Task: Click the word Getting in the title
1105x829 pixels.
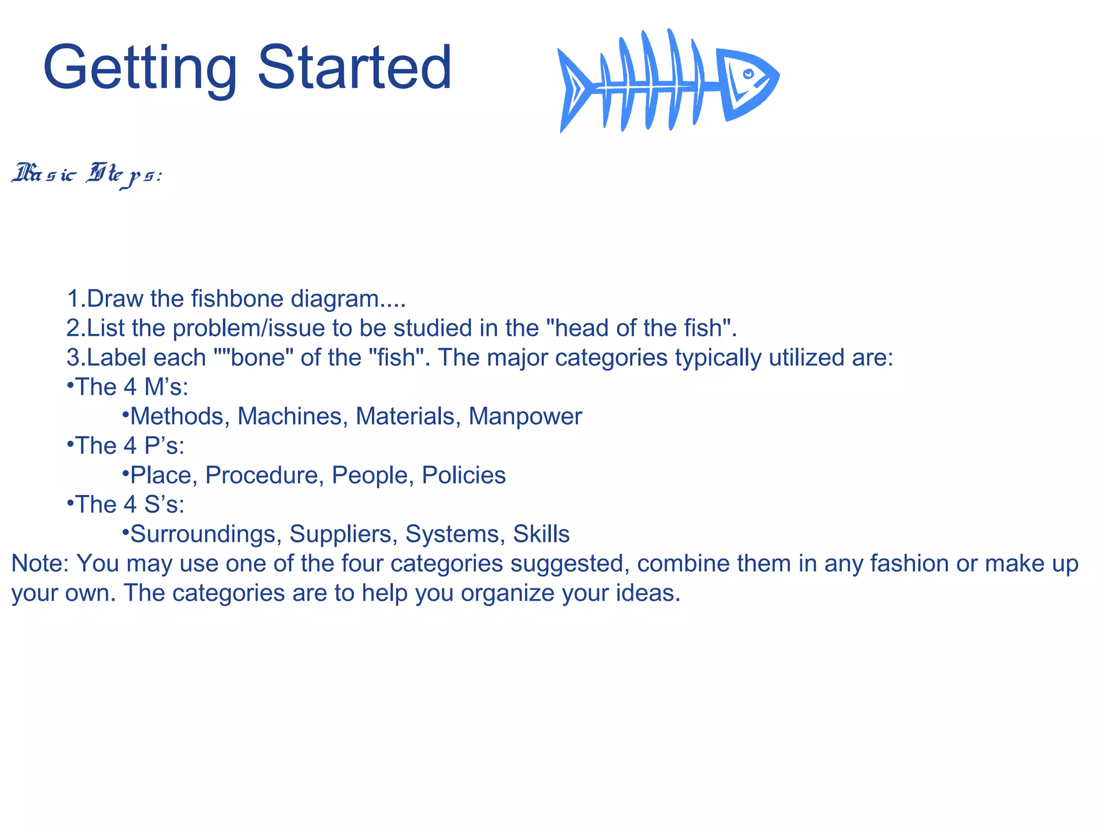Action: [140, 69]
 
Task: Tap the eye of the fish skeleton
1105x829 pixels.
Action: [748, 74]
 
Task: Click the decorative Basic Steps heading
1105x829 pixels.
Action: [86, 174]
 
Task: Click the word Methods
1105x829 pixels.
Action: [176, 416]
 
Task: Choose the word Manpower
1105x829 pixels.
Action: [525, 416]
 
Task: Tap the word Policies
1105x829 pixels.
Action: [463, 475]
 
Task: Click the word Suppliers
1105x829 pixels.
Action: [343, 534]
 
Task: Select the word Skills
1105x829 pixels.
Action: [541, 534]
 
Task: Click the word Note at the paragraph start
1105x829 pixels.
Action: [39, 563]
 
